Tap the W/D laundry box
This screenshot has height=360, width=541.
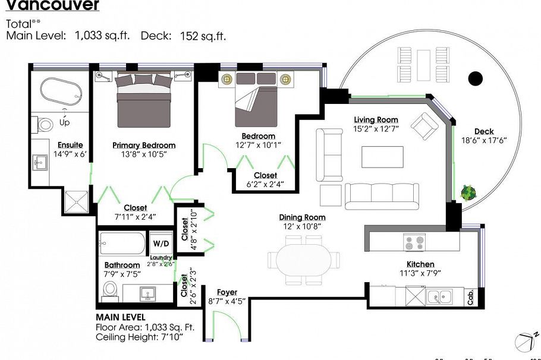click(x=161, y=244)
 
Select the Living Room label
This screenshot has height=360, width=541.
click(x=376, y=120)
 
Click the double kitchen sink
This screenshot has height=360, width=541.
click(x=439, y=295)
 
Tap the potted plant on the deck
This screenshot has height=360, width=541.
click(x=468, y=192)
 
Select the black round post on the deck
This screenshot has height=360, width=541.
click(x=475, y=78)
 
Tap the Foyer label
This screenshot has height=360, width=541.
click(x=227, y=292)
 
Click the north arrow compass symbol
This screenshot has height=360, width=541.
click(x=525, y=340)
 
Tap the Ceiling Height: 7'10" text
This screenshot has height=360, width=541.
click(x=139, y=337)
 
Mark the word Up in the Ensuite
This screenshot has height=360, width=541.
click(x=64, y=122)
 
